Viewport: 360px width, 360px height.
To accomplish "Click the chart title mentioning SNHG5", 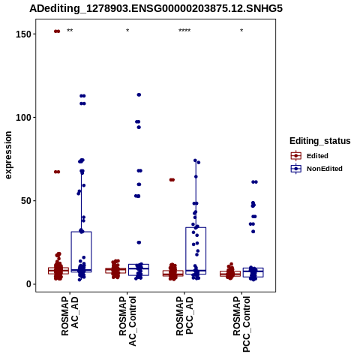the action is [156, 8].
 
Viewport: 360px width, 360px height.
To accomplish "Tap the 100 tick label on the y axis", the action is [23, 117].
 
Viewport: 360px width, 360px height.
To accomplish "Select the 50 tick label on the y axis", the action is [26, 201].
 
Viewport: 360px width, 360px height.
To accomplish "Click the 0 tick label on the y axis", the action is [28, 284].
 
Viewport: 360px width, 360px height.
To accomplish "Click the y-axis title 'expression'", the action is [8, 155].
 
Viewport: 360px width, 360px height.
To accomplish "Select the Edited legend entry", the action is [310, 156].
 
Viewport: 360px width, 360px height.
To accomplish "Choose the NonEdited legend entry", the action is [316, 169].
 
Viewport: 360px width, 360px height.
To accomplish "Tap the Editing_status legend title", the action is [320, 141].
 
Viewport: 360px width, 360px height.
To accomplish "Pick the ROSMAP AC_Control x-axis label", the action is [127, 321].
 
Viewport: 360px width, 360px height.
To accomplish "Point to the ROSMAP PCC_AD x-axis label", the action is [184, 316].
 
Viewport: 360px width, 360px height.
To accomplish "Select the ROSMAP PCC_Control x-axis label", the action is [241, 324].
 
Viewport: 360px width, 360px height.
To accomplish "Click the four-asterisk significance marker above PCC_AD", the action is [184, 31].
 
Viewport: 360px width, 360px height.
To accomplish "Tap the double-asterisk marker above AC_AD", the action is [70, 31].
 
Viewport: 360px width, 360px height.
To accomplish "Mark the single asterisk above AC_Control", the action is [127, 31].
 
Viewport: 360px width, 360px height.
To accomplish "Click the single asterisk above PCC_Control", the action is [241, 31].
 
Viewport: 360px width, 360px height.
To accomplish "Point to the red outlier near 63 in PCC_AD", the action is [172, 180].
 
